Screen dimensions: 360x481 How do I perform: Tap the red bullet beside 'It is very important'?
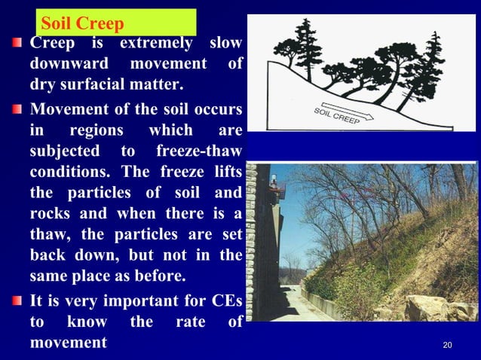tap(17, 301)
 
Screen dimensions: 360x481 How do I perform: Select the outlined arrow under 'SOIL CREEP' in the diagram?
tap(346, 108)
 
